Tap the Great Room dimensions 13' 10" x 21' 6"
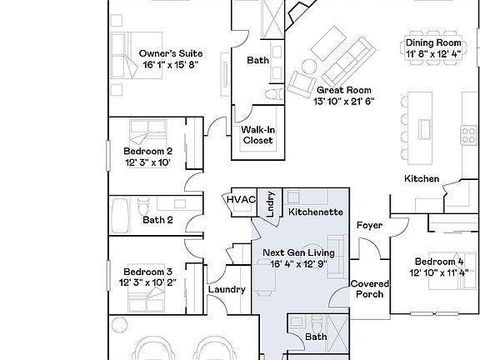(x=344, y=102)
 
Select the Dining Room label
(x=432, y=42)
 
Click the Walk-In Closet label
(x=258, y=135)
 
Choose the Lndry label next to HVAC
(x=271, y=205)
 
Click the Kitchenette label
(x=316, y=212)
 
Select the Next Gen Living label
(x=299, y=252)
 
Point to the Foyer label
(x=369, y=226)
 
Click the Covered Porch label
(x=369, y=288)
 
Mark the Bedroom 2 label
(x=148, y=151)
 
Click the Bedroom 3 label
(x=148, y=272)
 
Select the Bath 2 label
(x=157, y=221)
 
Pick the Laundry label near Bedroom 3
(x=226, y=289)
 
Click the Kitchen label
(x=422, y=179)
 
